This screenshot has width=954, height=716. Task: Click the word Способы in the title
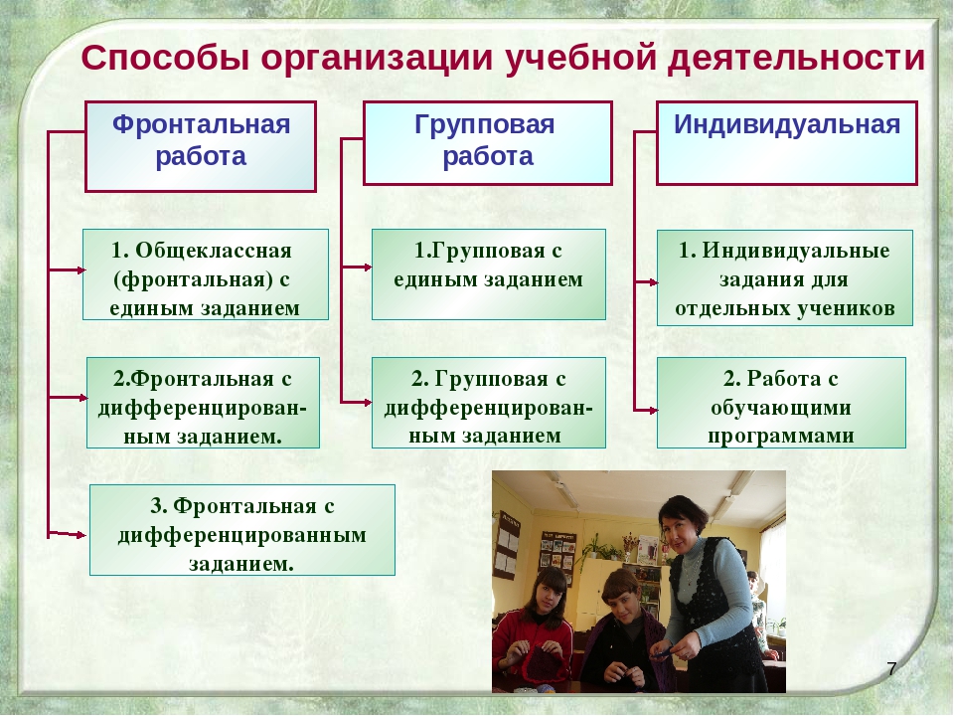166,59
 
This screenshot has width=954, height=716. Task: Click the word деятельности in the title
796,59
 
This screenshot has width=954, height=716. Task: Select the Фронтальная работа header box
201,146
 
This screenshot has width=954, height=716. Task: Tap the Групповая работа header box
487,142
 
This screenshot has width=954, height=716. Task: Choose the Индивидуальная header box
787,142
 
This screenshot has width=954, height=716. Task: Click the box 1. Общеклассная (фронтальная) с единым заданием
206,274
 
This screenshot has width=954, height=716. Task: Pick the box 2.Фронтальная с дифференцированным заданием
203,403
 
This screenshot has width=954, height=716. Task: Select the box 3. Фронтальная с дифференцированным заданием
242,530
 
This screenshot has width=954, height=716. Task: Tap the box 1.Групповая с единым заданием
489,274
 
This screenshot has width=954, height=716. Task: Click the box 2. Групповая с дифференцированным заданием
489,403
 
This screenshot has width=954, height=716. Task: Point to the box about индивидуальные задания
785,277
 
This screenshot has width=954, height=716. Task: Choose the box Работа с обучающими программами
781,403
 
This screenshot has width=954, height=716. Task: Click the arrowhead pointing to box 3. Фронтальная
80,535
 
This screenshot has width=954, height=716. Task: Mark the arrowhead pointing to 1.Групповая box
367,268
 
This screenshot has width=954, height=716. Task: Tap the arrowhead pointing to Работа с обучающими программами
653,411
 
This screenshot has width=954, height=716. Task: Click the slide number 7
891,668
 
